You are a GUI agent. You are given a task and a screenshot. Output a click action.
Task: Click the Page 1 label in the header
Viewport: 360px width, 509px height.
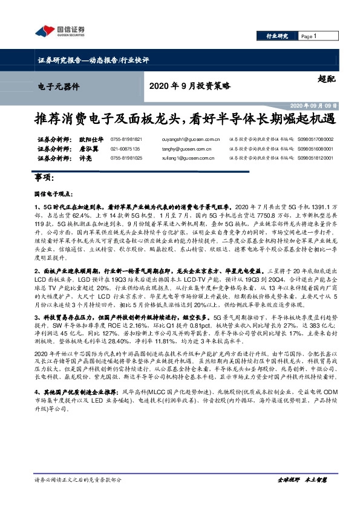(x=308, y=36)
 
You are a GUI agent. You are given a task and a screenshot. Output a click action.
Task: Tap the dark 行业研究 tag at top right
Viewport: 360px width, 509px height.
(x=278, y=36)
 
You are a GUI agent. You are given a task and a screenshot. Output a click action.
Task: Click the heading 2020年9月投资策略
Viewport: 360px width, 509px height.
(x=189, y=86)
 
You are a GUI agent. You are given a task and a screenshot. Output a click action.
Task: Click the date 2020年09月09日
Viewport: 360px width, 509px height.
(x=315, y=105)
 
